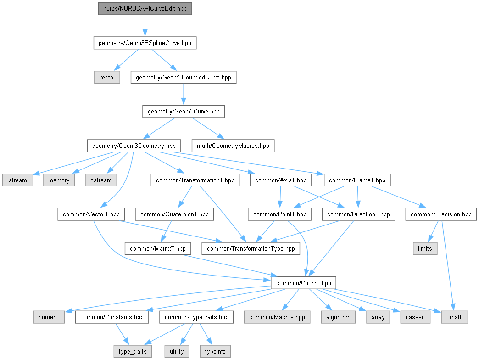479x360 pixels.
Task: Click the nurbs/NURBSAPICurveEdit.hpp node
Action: tap(145, 9)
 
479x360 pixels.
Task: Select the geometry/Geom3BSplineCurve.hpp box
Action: tap(145, 43)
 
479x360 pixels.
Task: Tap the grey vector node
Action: tap(107, 77)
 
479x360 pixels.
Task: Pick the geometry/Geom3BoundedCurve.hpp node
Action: tap(184, 77)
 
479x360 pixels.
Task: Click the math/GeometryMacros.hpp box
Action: tap(233, 146)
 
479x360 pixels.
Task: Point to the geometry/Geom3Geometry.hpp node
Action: tap(134, 146)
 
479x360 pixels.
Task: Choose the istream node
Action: tap(17, 180)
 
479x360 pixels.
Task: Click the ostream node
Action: tap(101, 180)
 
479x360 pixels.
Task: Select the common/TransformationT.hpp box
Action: tap(195, 180)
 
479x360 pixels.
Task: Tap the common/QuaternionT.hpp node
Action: tap(174, 214)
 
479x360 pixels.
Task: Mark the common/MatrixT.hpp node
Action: tap(158, 248)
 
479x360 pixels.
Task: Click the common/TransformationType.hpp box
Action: tap(251, 248)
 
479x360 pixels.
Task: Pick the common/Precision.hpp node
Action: tap(441, 214)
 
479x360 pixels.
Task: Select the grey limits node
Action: tap(425, 248)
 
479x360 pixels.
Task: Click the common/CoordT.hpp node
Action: tap(303, 283)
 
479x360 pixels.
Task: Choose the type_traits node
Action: tap(134, 351)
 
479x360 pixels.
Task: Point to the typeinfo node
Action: tap(215, 351)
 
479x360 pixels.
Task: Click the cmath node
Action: tap(454, 317)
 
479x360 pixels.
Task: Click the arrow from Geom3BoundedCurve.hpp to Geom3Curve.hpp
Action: tap(184, 94)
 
